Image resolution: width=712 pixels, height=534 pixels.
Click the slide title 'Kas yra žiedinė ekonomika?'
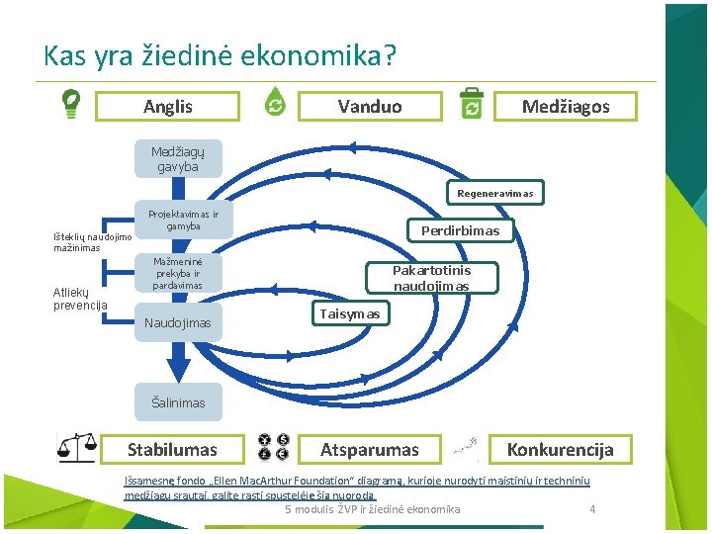[x=220, y=54]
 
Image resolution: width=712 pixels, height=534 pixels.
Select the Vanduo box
[x=370, y=106]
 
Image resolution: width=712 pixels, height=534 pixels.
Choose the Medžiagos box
[x=566, y=106]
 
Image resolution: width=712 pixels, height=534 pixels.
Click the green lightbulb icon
[x=71, y=103]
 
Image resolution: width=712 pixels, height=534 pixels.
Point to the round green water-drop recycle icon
[x=275, y=103]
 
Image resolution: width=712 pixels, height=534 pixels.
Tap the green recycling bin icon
[x=472, y=103]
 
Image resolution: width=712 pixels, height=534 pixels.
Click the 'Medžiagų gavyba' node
[x=176, y=159]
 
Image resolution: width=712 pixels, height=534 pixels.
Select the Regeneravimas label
[x=495, y=193]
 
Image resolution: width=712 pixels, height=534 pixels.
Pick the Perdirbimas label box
[x=461, y=230]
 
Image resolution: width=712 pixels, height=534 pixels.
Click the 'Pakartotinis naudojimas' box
[x=431, y=278]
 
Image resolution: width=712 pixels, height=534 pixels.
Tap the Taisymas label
[x=349, y=313]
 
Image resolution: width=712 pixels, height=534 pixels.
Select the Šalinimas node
[x=178, y=402]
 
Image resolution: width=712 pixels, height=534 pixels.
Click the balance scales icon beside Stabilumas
[x=76, y=448]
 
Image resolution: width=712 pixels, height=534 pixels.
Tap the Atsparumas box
[x=370, y=450]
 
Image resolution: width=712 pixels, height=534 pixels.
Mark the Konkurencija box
[x=560, y=450]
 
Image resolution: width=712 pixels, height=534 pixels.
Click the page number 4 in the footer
[x=592, y=509]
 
